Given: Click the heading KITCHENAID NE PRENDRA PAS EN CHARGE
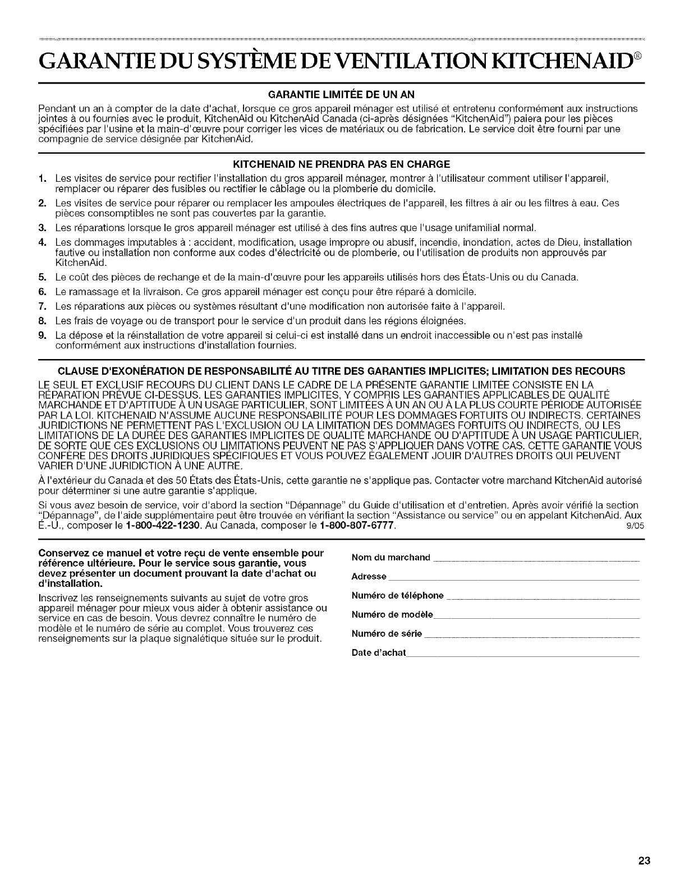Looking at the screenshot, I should [x=340, y=164].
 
